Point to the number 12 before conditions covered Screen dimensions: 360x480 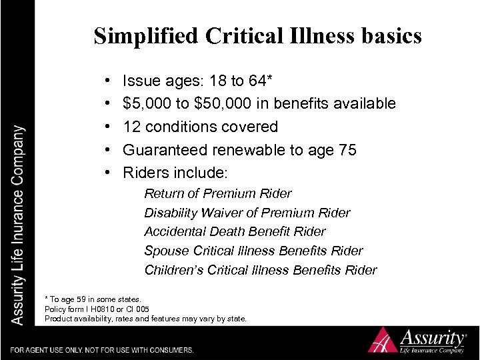[x=132, y=127]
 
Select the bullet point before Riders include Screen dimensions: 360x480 [x=109, y=173]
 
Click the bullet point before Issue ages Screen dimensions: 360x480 [x=109, y=81]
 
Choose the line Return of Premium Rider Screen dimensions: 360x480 [x=218, y=193]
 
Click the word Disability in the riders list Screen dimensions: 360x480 [x=170, y=213]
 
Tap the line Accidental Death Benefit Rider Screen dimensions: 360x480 [x=235, y=231]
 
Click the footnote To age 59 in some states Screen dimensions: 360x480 [x=97, y=298]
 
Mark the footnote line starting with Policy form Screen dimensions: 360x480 [x=97, y=309]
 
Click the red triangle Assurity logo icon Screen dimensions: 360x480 [x=386, y=339]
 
